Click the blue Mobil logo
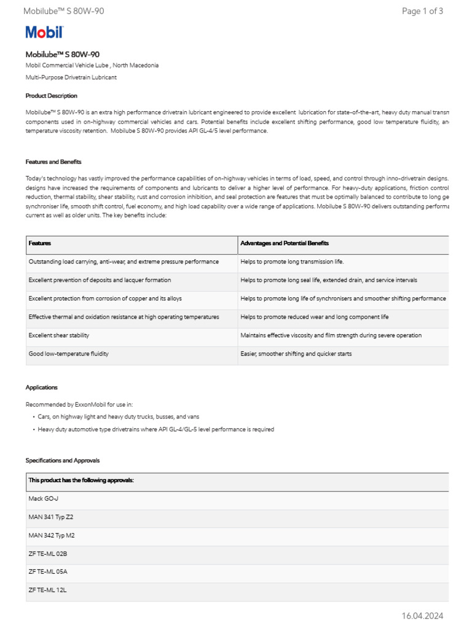[x=44, y=33]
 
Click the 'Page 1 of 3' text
[x=422, y=11]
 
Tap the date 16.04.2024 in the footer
[x=422, y=616]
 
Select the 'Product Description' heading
[x=51, y=96]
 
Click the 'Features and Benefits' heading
[x=53, y=162]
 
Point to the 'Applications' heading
[x=41, y=388]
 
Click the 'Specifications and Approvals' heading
[x=62, y=460]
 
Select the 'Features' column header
[x=39, y=243]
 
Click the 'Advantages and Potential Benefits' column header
[x=285, y=243]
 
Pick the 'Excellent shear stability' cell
[x=58, y=335]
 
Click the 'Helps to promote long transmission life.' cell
[x=292, y=262]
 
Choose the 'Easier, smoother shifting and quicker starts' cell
[x=296, y=354]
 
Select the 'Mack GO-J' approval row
[x=43, y=499]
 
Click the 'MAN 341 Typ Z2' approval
[x=50, y=517]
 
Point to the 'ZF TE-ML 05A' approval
[x=47, y=571]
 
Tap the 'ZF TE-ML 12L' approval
[x=47, y=590]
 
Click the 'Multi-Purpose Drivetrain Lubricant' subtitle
[x=71, y=77]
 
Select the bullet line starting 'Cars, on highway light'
[x=118, y=416]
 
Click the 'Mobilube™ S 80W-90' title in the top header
[x=63, y=11]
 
